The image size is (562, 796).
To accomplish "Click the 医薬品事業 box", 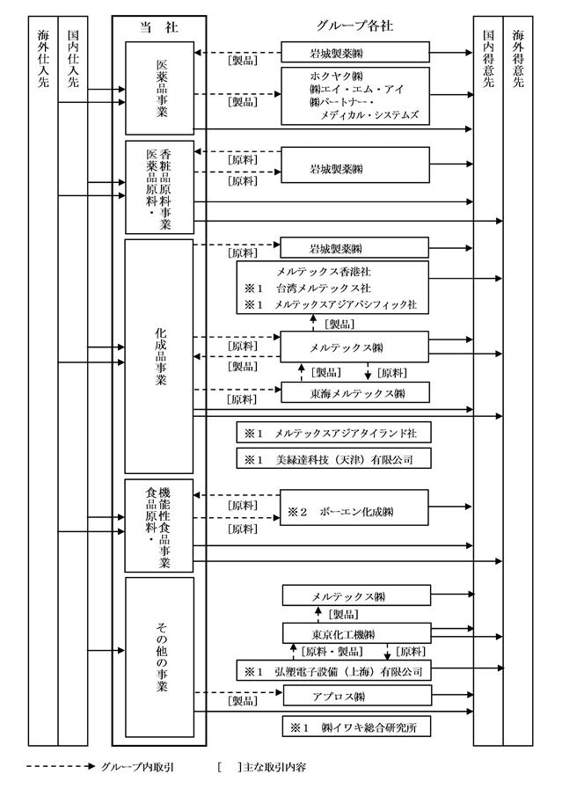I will point(159,88).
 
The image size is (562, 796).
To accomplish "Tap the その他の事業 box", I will point(159,655).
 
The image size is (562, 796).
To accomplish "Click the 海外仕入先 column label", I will point(42,58).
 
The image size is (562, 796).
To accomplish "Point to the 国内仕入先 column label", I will point(71,58).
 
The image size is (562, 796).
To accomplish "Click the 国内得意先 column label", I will point(488,58).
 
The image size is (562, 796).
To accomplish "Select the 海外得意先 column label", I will point(517,58).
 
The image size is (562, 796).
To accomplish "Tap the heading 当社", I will point(159,27).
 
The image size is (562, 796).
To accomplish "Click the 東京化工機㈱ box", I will point(355,633).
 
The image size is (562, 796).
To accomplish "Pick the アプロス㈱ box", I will point(355,696).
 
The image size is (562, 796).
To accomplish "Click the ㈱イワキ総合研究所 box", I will point(355,727).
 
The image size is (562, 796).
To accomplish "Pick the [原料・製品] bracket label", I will point(332,652).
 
